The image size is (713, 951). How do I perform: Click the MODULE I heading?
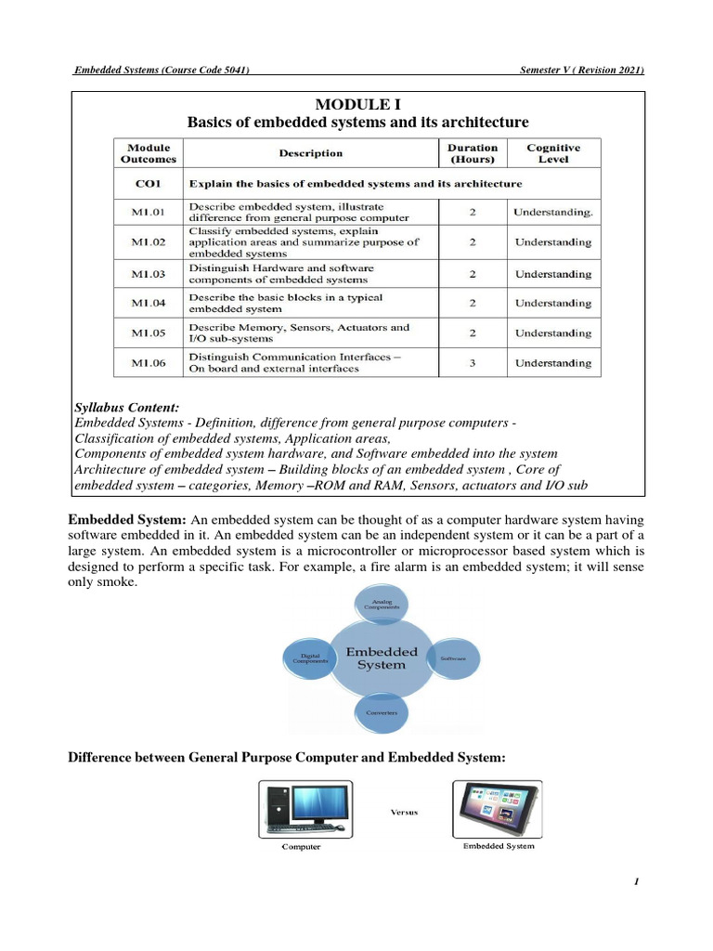coord(357,104)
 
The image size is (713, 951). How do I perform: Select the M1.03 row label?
coord(147,274)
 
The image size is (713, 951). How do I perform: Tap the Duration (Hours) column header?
coord(472,153)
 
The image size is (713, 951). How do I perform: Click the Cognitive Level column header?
coord(553,153)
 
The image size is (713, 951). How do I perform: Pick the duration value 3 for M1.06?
coord(472,363)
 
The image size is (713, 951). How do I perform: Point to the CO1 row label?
coord(147,184)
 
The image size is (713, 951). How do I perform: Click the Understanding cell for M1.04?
coord(553,304)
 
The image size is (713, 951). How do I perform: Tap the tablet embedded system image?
coord(499,808)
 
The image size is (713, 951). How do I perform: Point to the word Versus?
coord(400,811)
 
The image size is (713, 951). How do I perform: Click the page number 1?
coord(637,882)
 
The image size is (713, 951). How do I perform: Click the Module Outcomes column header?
coord(147,153)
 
